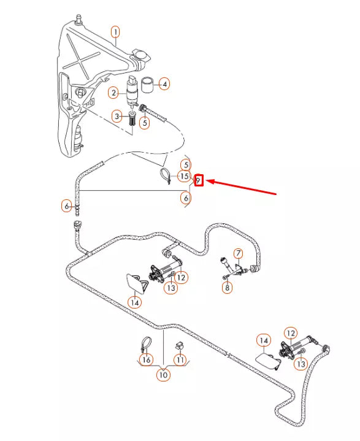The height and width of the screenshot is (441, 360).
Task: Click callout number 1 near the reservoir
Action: pos(115,32)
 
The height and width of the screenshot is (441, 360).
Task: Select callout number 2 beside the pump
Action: pos(113,93)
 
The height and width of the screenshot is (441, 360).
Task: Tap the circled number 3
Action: pos(117,116)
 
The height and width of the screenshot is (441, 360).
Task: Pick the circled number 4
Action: pos(164,84)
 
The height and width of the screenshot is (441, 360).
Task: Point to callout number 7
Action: pos(238,253)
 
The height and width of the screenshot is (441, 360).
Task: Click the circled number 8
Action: pos(228,288)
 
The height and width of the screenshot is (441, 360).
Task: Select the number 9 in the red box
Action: pos(199,180)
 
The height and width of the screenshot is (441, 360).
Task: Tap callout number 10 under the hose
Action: pos(163,375)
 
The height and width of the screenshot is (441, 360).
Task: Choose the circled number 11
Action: pos(180,359)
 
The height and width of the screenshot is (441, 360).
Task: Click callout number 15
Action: pos(184,177)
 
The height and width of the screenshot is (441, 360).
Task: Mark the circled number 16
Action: pos(147,359)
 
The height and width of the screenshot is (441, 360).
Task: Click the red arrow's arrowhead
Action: pos(210,182)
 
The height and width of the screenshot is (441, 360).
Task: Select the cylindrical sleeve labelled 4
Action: pos(147,85)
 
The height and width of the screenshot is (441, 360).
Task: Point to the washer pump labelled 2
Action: pos(132,91)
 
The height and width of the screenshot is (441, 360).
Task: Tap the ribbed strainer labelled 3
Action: pos(132,119)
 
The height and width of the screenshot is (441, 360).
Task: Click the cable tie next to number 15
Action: pos(165,176)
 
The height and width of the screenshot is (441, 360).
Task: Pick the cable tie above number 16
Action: pos(145,344)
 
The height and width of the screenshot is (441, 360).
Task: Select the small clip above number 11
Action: pos(179,345)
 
